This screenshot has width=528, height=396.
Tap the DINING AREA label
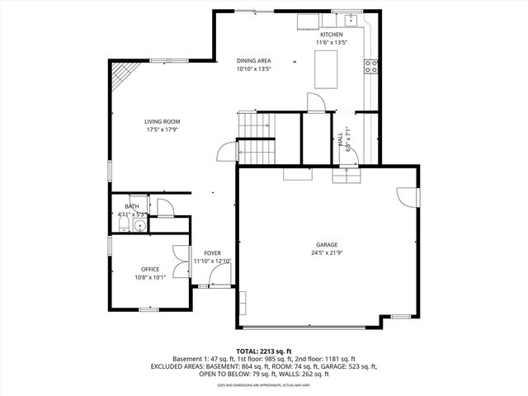pos(253,60)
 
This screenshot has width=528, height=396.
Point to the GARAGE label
pos(327,245)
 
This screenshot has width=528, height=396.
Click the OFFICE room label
pos(149,269)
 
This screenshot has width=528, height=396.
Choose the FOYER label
pos(212,253)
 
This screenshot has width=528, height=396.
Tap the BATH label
pos(132,206)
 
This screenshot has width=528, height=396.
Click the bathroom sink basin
pos(139,224)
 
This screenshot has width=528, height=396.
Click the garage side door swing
pos(408,197)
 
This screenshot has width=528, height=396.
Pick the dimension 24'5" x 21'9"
pos(327,253)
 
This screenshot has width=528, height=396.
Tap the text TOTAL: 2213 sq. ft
pos(263,351)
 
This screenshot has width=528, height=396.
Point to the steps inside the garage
pos(346,176)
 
